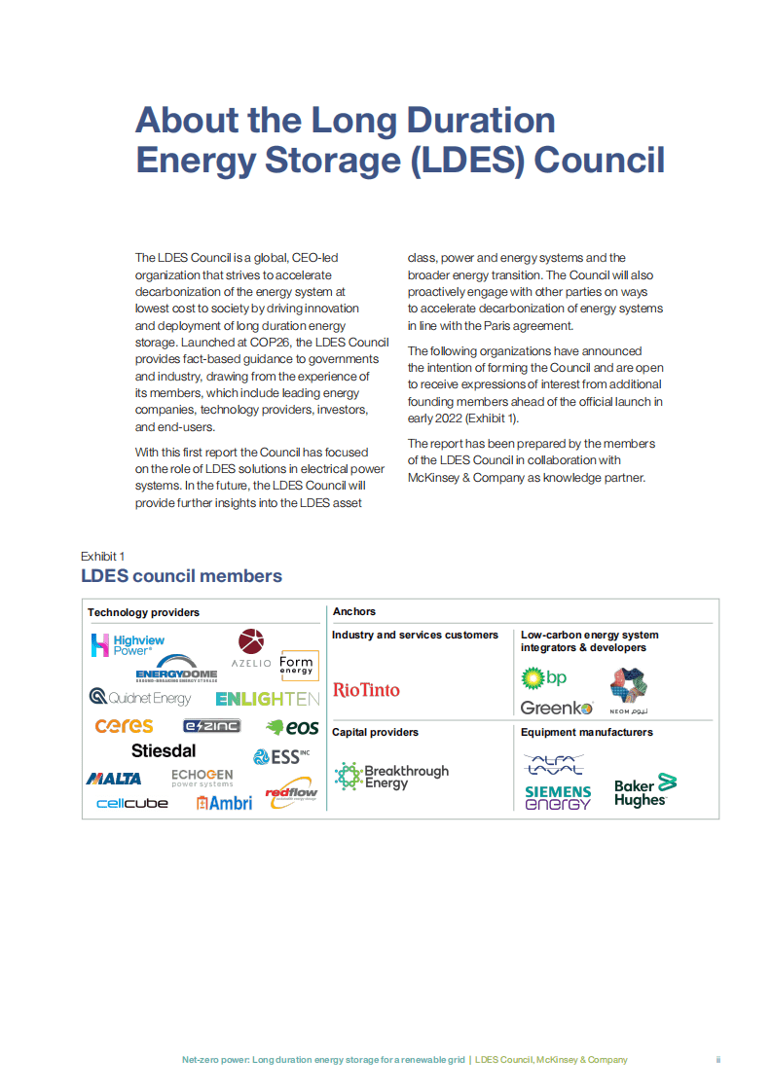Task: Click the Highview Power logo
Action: [x=128, y=645]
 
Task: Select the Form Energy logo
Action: [x=296, y=664]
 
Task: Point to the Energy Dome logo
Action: [x=176, y=674]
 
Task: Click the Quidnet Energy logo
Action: [x=140, y=698]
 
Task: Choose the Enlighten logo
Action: [x=268, y=699]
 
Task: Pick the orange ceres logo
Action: [x=124, y=726]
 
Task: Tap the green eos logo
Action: [x=292, y=727]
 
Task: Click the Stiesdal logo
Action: [x=164, y=750]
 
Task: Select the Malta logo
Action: [x=114, y=779]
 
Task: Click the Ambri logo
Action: [x=224, y=803]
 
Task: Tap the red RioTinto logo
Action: [x=366, y=690]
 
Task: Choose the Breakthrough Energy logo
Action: [x=391, y=777]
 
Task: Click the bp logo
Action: [x=544, y=677]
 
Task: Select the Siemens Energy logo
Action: [x=558, y=798]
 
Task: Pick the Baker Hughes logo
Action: [x=644, y=791]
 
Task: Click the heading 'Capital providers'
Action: [x=375, y=732]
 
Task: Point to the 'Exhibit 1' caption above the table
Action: [x=102, y=556]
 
